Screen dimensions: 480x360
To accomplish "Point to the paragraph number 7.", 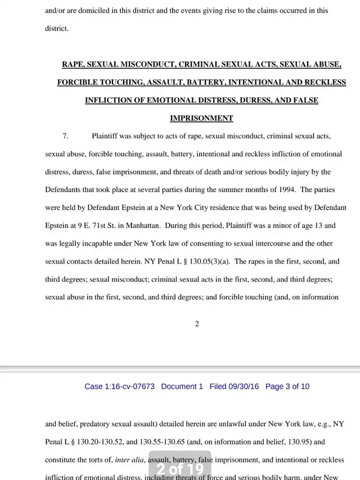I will tap(65, 136).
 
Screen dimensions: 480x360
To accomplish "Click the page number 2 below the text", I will tap(197, 324).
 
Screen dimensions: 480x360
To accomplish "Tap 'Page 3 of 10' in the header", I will tap(287, 387).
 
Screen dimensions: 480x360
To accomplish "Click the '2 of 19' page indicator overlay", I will tap(180, 468).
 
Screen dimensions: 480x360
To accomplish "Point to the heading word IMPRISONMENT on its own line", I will tap(201, 118).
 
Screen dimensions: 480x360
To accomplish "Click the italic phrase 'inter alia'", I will tap(128, 460).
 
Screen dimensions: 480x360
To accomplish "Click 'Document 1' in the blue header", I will tap(182, 387).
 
